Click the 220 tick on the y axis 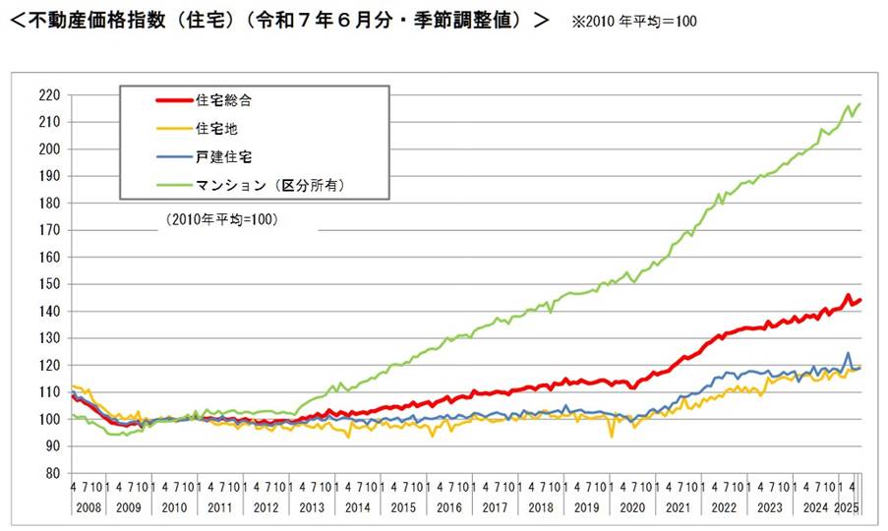point(50,95)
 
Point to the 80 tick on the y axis point(54,473)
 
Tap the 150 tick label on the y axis point(50,284)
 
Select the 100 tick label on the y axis point(50,419)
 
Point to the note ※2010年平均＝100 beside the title point(634,21)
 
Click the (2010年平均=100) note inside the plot point(218,220)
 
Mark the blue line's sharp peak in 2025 point(848,353)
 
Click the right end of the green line point(859,104)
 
